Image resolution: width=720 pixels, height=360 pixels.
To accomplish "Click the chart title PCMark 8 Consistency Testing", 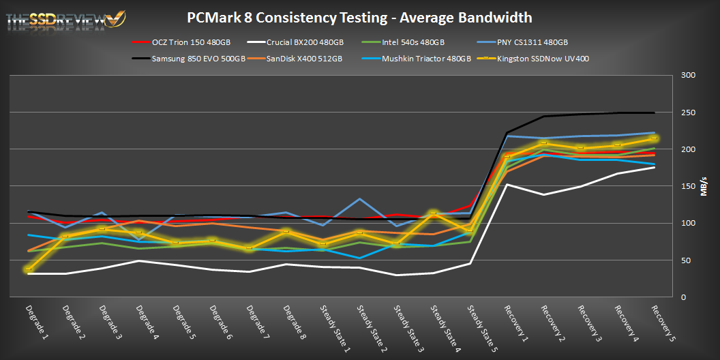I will (x=360, y=17).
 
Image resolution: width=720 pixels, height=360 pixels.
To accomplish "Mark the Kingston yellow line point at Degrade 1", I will (x=29, y=269).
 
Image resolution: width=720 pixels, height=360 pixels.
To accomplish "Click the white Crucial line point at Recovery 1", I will (x=507, y=184).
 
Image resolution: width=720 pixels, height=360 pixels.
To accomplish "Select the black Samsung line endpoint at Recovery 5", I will (x=654, y=112).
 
